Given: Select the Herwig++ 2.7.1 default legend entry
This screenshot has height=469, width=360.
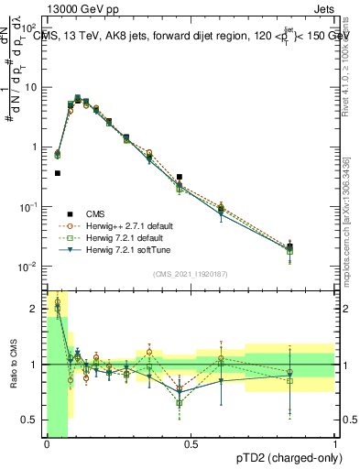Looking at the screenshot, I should click(x=129, y=225).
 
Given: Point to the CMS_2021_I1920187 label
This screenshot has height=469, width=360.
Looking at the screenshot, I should click(x=190, y=271).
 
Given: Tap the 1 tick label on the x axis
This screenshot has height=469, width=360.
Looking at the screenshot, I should click(x=334, y=445).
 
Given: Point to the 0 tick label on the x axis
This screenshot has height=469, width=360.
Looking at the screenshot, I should click(x=47, y=445).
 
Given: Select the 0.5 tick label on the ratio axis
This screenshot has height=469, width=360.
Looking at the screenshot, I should click(x=29, y=420).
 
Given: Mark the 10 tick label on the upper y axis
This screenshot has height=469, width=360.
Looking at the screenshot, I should click(x=30, y=87).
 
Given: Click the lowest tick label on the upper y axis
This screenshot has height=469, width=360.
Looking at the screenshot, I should click(x=30, y=267).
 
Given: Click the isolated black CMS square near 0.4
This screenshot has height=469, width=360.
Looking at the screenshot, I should click(x=58, y=172).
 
